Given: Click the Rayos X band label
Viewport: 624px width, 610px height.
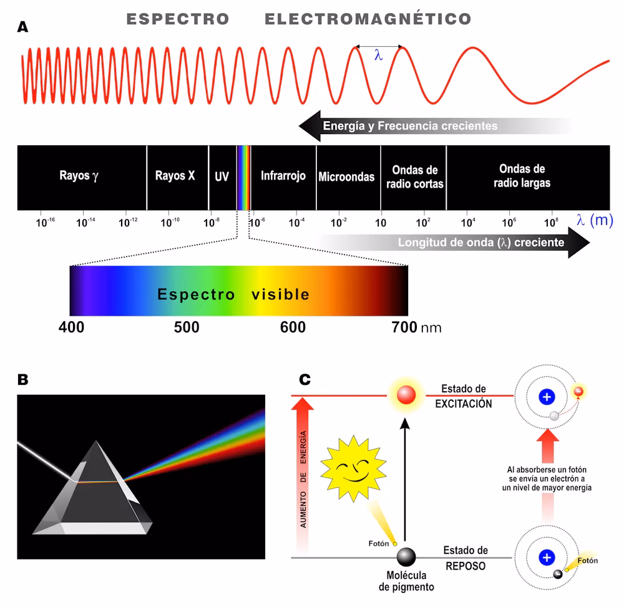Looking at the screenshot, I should click(x=175, y=176).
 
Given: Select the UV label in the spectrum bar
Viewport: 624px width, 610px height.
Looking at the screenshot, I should click(x=222, y=177).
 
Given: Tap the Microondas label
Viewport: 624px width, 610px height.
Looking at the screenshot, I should click(x=346, y=177).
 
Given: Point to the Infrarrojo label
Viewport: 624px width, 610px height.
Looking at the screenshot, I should click(x=283, y=176).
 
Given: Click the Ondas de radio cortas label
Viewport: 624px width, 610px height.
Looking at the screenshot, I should click(x=415, y=177).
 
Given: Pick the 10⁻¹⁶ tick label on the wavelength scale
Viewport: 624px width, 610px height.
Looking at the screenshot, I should click(x=46, y=222).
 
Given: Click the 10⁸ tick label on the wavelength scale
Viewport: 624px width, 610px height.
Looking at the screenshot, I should click(x=552, y=222).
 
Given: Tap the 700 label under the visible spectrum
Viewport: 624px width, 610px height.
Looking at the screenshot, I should click(x=404, y=327).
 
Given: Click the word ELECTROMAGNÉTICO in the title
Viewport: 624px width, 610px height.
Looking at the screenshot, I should click(x=368, y=19).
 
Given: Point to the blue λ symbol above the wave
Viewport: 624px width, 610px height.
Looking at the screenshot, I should click(x=378, y=56).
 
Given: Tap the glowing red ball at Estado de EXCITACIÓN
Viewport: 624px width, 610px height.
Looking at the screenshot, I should click(x=406, y=395).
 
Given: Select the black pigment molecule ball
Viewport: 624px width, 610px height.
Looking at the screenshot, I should click(x=406, y=556).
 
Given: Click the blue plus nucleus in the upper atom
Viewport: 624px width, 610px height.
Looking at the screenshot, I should click(x=547, y=396).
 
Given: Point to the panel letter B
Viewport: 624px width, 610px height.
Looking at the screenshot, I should click(x=23, y=379).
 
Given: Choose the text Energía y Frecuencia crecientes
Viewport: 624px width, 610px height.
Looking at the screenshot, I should click(x=410, y=126).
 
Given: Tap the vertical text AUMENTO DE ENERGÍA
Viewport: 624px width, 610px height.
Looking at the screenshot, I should click(x=303, y=480).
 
